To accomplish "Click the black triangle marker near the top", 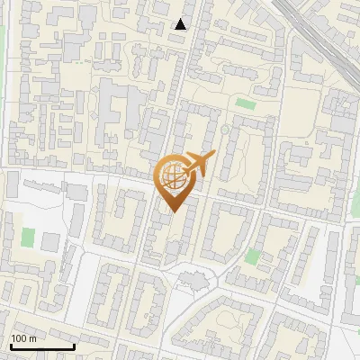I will point(181,24).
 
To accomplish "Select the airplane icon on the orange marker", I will point(198,165).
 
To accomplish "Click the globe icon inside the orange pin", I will point(173,179).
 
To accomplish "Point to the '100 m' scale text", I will point(23,338).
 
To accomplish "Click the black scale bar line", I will point(42,346).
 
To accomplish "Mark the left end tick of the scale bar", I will point(11,346).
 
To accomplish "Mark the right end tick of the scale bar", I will point(74,346).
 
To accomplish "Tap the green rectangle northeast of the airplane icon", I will point(245,103).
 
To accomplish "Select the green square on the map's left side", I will point(28,239).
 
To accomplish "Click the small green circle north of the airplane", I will point(225,130).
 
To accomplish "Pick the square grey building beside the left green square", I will point(50,241).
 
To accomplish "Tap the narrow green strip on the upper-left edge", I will point(2,36).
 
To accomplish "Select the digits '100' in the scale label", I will point(19,338).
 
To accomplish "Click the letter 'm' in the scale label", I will point(32,339).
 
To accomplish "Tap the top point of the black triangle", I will point(181,19).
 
